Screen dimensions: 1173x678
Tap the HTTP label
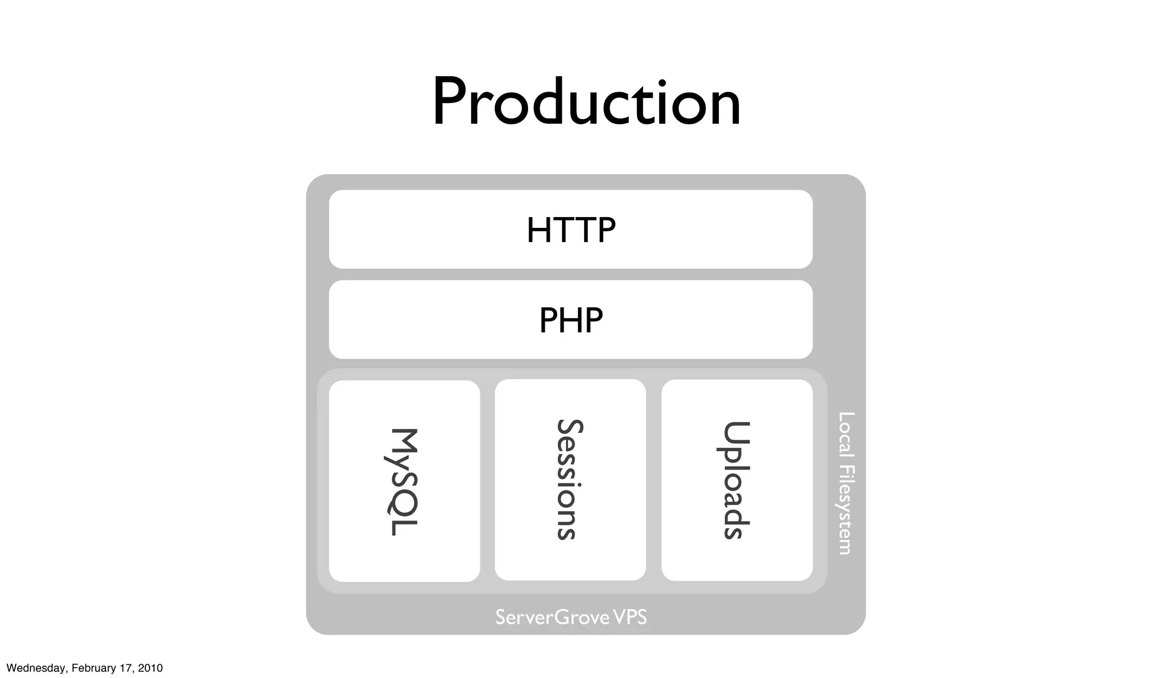click(571, 230)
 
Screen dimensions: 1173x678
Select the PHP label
click(571, 320)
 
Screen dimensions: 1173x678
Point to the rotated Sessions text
click(570, 479)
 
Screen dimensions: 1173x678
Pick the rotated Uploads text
click(736, 480)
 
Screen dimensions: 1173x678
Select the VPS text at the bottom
click(629, 617)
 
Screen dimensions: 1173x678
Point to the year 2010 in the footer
click(150, 668)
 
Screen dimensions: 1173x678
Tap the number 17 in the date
click(126, 668)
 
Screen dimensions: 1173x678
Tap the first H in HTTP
click(539, 230)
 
